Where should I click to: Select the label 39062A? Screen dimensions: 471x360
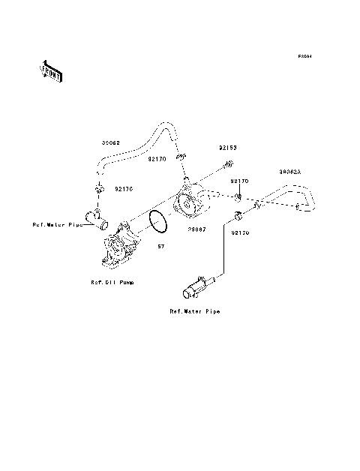coord(289,172)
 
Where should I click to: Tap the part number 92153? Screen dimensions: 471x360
coord(228,148)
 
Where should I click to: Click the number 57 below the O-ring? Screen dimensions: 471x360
coord(160,246)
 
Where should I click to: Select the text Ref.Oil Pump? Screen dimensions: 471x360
coord(113,283)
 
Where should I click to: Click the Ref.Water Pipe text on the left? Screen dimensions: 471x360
coord(57,224)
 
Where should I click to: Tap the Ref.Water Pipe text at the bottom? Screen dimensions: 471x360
coord(194,310)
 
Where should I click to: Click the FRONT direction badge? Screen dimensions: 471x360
coord(50,72)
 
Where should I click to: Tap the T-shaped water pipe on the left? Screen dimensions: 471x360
coord(94,217)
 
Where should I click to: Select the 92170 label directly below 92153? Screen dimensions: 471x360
coord(239,181)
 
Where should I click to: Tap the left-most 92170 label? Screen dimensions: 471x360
coord(124,189)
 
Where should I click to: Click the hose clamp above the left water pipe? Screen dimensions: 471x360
coord(98,190)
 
